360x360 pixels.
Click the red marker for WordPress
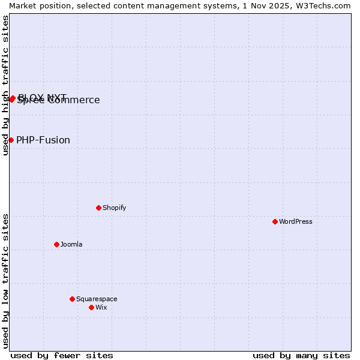pyautogui.click(x=275, y=221)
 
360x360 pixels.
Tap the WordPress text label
pyautogui.click(x=296, y=221)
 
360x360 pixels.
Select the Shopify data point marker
pyautogui.click(x=98, y=208)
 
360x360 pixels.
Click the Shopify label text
pyautogui.click(x=114, y=208)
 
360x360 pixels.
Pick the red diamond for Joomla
pyautogui.click(x=56, y=244)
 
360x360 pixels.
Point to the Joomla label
pyautogui.click(x=71, y=244)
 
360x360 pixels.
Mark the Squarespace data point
pyautogui.click(x=72, y=299)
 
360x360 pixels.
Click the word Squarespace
pyautogui.click(x=97, y=299)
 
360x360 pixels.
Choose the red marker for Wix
pyautogui.click(x=91, y=307)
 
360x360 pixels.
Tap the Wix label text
pyautogui.click(x=101, y=307)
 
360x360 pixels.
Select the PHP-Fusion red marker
pyautogui.click(x=11, y=140)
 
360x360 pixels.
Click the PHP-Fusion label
pyautogui.click(x=43, y=140)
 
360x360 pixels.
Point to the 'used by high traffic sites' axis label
pyautogui.click(x=5, y=85)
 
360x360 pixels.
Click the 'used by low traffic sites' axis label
pyautogui.click(x=5, y=281)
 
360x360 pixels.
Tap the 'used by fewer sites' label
pyautogui.click(x=62, y=355)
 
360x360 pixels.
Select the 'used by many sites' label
pyautogui.click(x=301, y=355)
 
